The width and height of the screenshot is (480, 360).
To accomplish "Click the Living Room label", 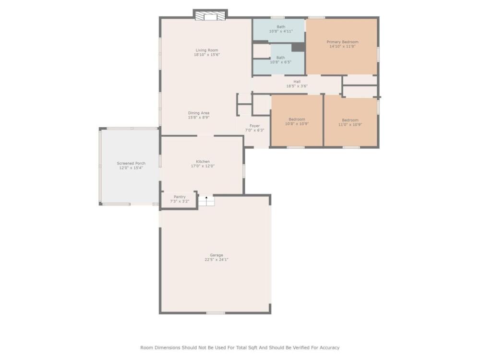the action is [x=207, y=50].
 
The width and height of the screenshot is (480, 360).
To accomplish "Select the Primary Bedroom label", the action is [x=342, y=42].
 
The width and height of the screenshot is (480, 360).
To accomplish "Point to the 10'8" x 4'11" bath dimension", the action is [x=281, y=31].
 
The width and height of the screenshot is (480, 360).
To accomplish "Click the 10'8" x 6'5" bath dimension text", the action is [x=280, y=62].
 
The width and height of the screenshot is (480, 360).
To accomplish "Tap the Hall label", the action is [x=297, y=82].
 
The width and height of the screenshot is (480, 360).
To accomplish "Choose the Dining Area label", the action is [x=199, y=113].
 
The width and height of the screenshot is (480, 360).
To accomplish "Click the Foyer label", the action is [x=255, y=126].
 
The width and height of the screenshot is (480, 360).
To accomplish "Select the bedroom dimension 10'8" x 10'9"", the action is [x=297, y=124].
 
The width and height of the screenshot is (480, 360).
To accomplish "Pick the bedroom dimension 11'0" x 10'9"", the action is [x=350, y=125].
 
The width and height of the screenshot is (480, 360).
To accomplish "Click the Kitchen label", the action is [x=203, y=162].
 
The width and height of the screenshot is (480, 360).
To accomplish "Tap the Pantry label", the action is [x=180, y=197].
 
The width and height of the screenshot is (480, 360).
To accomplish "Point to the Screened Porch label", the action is [x=131, y=164].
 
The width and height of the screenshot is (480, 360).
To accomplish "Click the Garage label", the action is [x=216, y=255].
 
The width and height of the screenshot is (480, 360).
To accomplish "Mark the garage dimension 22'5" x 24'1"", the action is [x=216, y=260].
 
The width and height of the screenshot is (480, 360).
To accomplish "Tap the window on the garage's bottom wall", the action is [x=216, y=313].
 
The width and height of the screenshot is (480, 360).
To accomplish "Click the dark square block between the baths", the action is [x=298, y=47].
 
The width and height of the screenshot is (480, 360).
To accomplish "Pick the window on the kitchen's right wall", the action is [x=244, y=171].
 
